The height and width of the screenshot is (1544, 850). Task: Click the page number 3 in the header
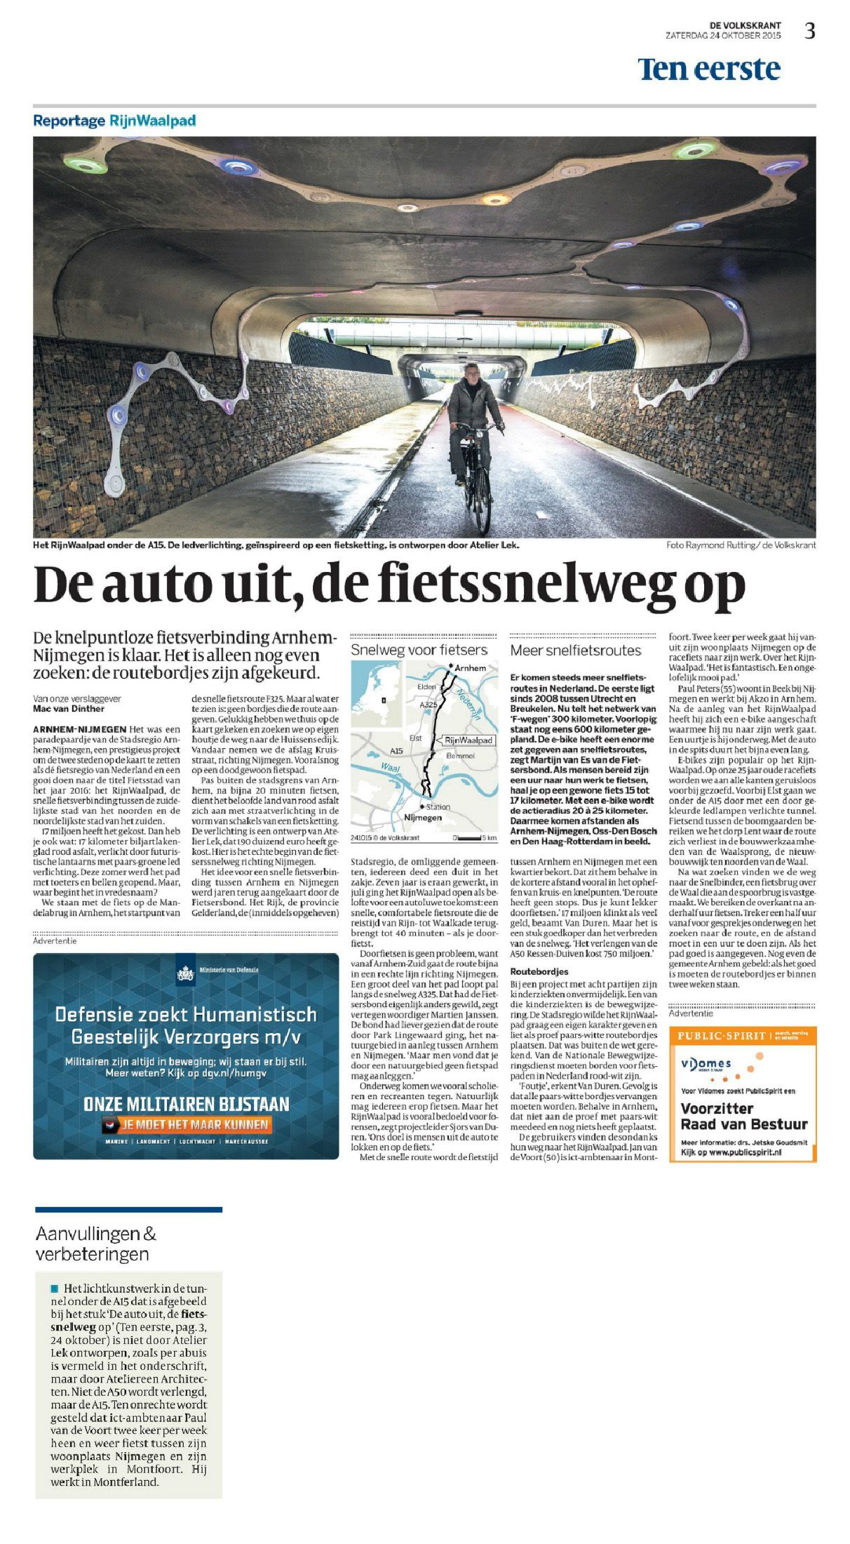coord(810,31)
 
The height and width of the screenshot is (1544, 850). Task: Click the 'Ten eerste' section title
coord(708,69)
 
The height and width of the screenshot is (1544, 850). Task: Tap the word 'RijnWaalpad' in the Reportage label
coord(152,121)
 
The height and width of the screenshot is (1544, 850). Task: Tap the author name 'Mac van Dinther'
coord(69,709)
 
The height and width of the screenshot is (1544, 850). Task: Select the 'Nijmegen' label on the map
coord(423,818)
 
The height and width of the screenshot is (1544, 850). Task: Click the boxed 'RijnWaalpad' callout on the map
coord(468,740)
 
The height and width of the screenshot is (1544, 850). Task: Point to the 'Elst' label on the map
coord(415,738)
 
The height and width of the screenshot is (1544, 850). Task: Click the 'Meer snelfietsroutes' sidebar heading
coord(575,651)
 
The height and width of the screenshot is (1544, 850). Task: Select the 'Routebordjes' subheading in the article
coord(539,972)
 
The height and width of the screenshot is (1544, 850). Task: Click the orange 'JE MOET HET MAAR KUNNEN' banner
coord(187,1125)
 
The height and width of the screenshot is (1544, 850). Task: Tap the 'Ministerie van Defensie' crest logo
coord(186,973)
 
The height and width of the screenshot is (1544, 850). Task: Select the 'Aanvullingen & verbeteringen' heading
coord(96,1243)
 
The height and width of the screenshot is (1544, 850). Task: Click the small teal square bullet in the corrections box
coord(55,1289)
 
